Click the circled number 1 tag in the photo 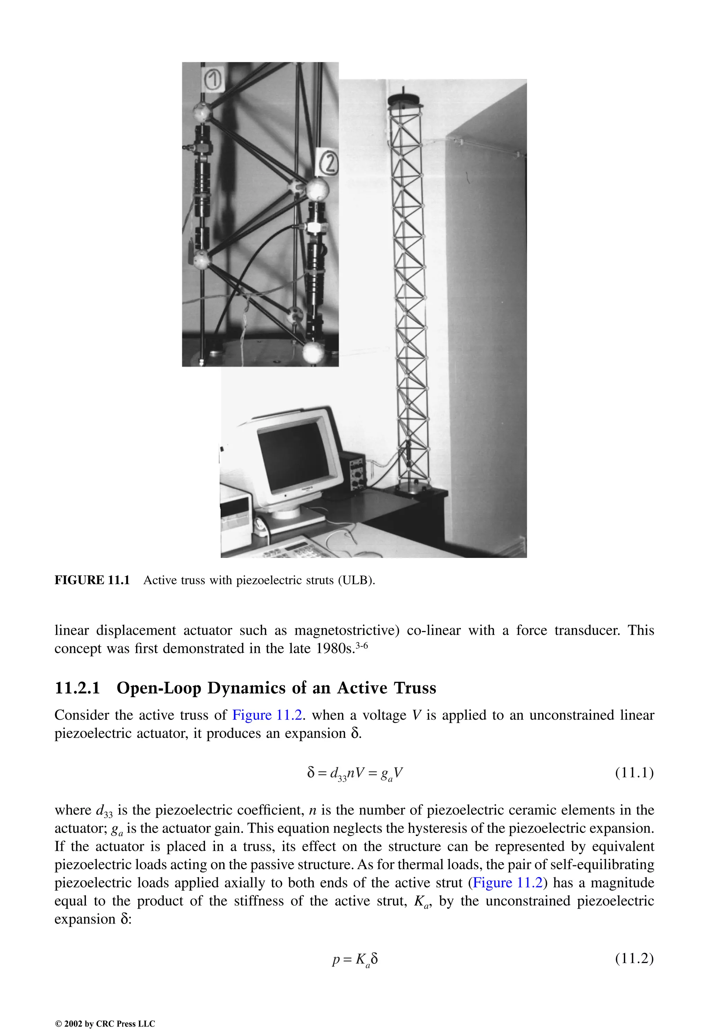(213, 80)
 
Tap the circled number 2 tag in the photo (328, 163)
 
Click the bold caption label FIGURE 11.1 (92, 580)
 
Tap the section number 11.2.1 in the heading (77, 688)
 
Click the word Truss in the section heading (415, 688)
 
